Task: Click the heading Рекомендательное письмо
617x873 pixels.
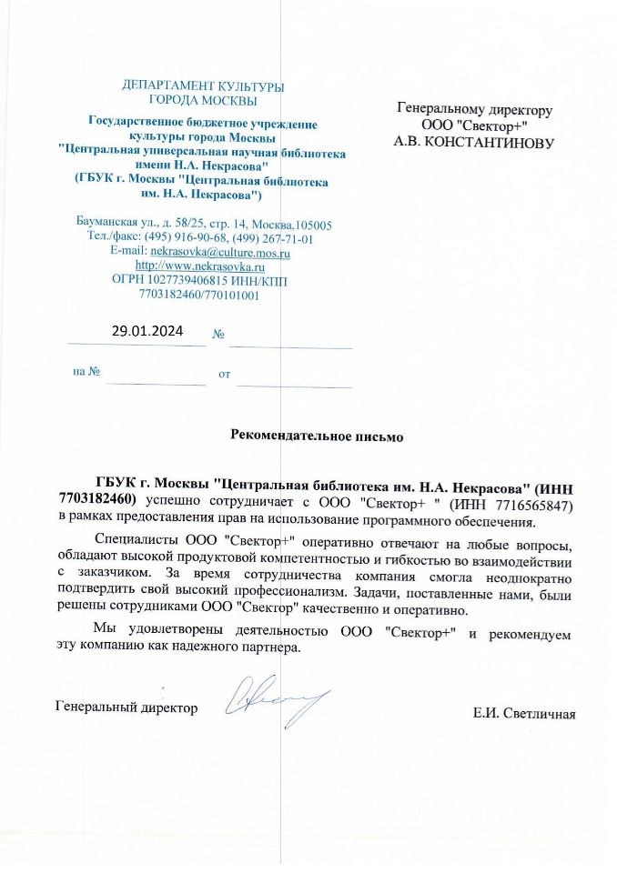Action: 316,436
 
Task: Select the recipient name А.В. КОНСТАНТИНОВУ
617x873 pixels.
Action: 474,142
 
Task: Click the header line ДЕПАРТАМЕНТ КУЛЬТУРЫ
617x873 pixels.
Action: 203,86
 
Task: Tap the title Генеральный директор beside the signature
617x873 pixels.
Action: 126,707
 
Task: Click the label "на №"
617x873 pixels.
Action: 86,372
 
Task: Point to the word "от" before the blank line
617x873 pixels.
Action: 224,374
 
